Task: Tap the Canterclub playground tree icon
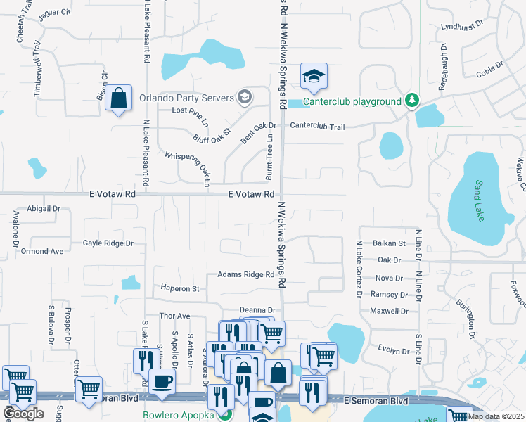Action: pos(411,101)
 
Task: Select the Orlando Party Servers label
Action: pos(186,98)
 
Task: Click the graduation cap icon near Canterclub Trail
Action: pos(314,76)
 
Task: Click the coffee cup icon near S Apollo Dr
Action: pos(163,381)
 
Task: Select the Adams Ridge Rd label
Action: pos(245,274)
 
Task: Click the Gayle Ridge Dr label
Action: pos(108,243)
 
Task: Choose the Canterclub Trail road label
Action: pos(317,127)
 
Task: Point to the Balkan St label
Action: pos(389,243)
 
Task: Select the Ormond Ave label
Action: pos(42,251)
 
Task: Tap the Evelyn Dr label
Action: pos(393,350)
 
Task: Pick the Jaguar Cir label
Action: pos(55,13)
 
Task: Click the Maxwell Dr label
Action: pos(389,311)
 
